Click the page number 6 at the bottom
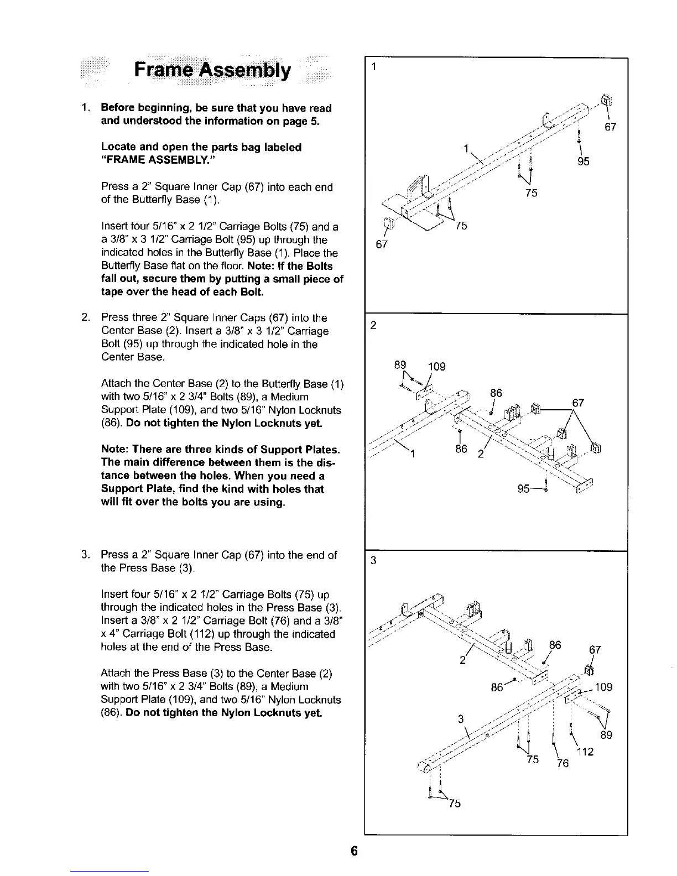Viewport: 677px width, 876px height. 355,851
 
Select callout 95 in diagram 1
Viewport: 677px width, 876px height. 582,161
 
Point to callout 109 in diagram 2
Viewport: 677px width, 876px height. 437,367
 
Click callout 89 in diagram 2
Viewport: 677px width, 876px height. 400,365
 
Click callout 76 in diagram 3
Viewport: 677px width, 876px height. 562,764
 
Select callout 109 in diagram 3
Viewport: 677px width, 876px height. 604,687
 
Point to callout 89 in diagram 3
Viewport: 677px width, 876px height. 607,735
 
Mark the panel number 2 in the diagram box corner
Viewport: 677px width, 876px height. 373,326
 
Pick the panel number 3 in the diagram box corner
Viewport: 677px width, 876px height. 373,561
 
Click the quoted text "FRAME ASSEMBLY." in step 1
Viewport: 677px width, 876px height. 158,160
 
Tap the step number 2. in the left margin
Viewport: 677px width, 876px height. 86,317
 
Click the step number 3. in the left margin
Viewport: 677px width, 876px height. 86,555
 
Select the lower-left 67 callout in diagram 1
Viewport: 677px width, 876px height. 381,244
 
